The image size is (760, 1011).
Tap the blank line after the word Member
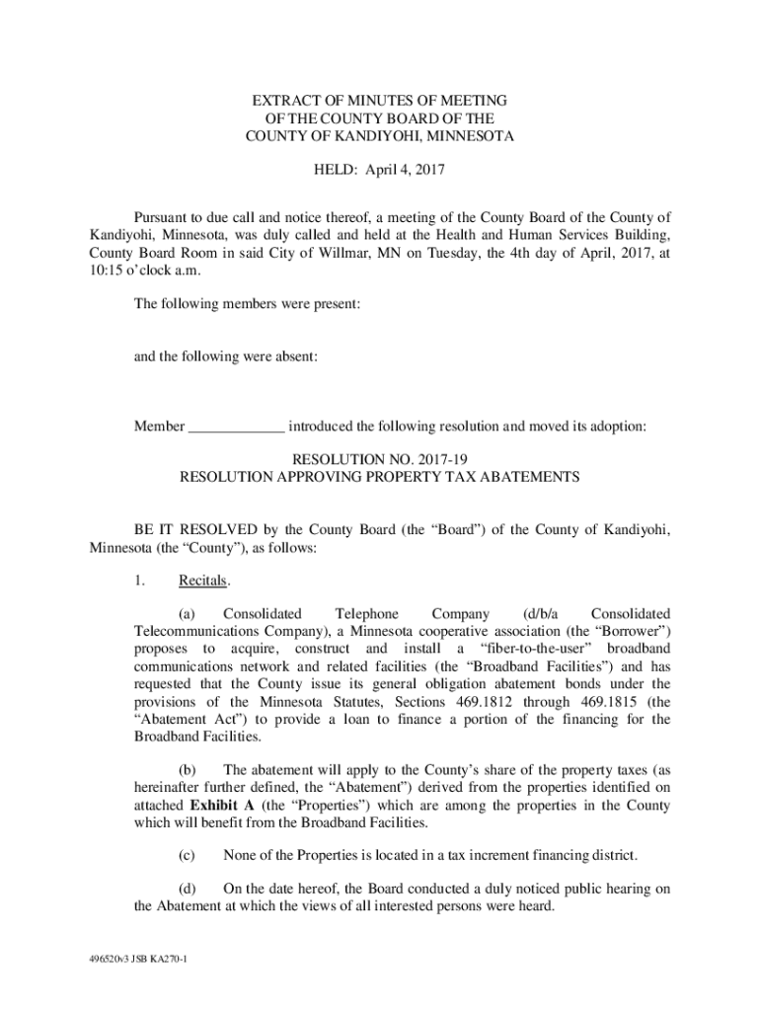(x=237, y=427)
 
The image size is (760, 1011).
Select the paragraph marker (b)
(x=187, y=770)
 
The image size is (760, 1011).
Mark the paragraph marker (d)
(x=187, y=889)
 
